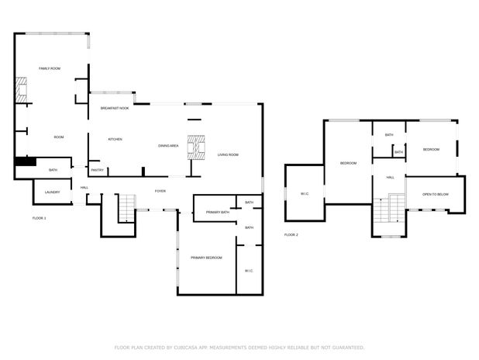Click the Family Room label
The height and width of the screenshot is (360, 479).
[50, 68]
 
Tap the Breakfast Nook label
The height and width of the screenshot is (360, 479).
[115, 109]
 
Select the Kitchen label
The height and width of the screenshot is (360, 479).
[115, 140]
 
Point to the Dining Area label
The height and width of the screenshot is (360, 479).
[168, 146]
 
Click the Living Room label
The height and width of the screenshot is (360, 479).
[228, 154]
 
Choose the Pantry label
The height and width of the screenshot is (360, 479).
[98, 170]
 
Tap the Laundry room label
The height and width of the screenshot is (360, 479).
[52, 192]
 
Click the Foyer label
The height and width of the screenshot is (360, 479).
[160, 191]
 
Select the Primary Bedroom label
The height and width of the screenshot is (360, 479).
[206, 258]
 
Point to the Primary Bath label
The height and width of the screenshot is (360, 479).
[218, 213]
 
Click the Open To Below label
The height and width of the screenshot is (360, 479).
[436, 195]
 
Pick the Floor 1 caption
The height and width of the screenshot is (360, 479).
[39, 218]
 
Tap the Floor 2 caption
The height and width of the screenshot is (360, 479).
[291, 235]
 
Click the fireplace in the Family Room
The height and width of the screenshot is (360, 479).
[21, 90]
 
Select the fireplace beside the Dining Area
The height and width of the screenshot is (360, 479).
[196, 147]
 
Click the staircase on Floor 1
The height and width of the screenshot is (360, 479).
[127, 208]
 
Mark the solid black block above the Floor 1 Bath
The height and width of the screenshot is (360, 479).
[26, 161]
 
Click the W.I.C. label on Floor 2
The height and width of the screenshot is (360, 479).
[305, 194]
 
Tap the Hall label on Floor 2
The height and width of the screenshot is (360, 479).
[390, 178]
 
